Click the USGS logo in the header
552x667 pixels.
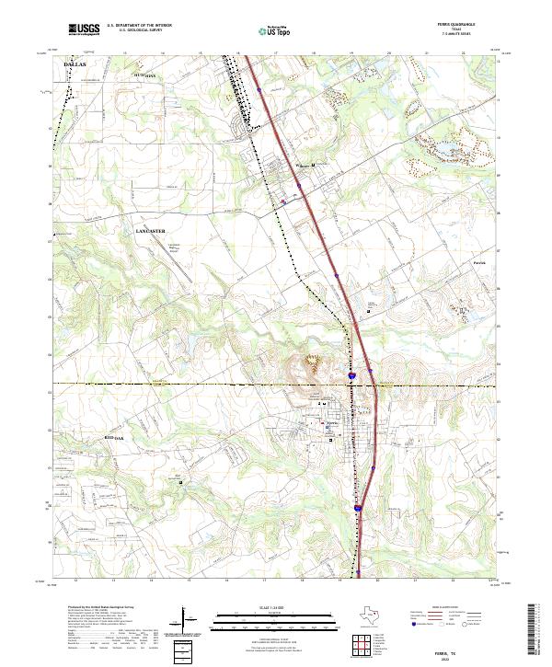click(x=84, y=29)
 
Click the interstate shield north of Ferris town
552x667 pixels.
click(x=352, y=376)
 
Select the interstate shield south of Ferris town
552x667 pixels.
click(x=357, y=506)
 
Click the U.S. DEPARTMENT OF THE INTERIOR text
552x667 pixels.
click(x=139, y=26)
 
